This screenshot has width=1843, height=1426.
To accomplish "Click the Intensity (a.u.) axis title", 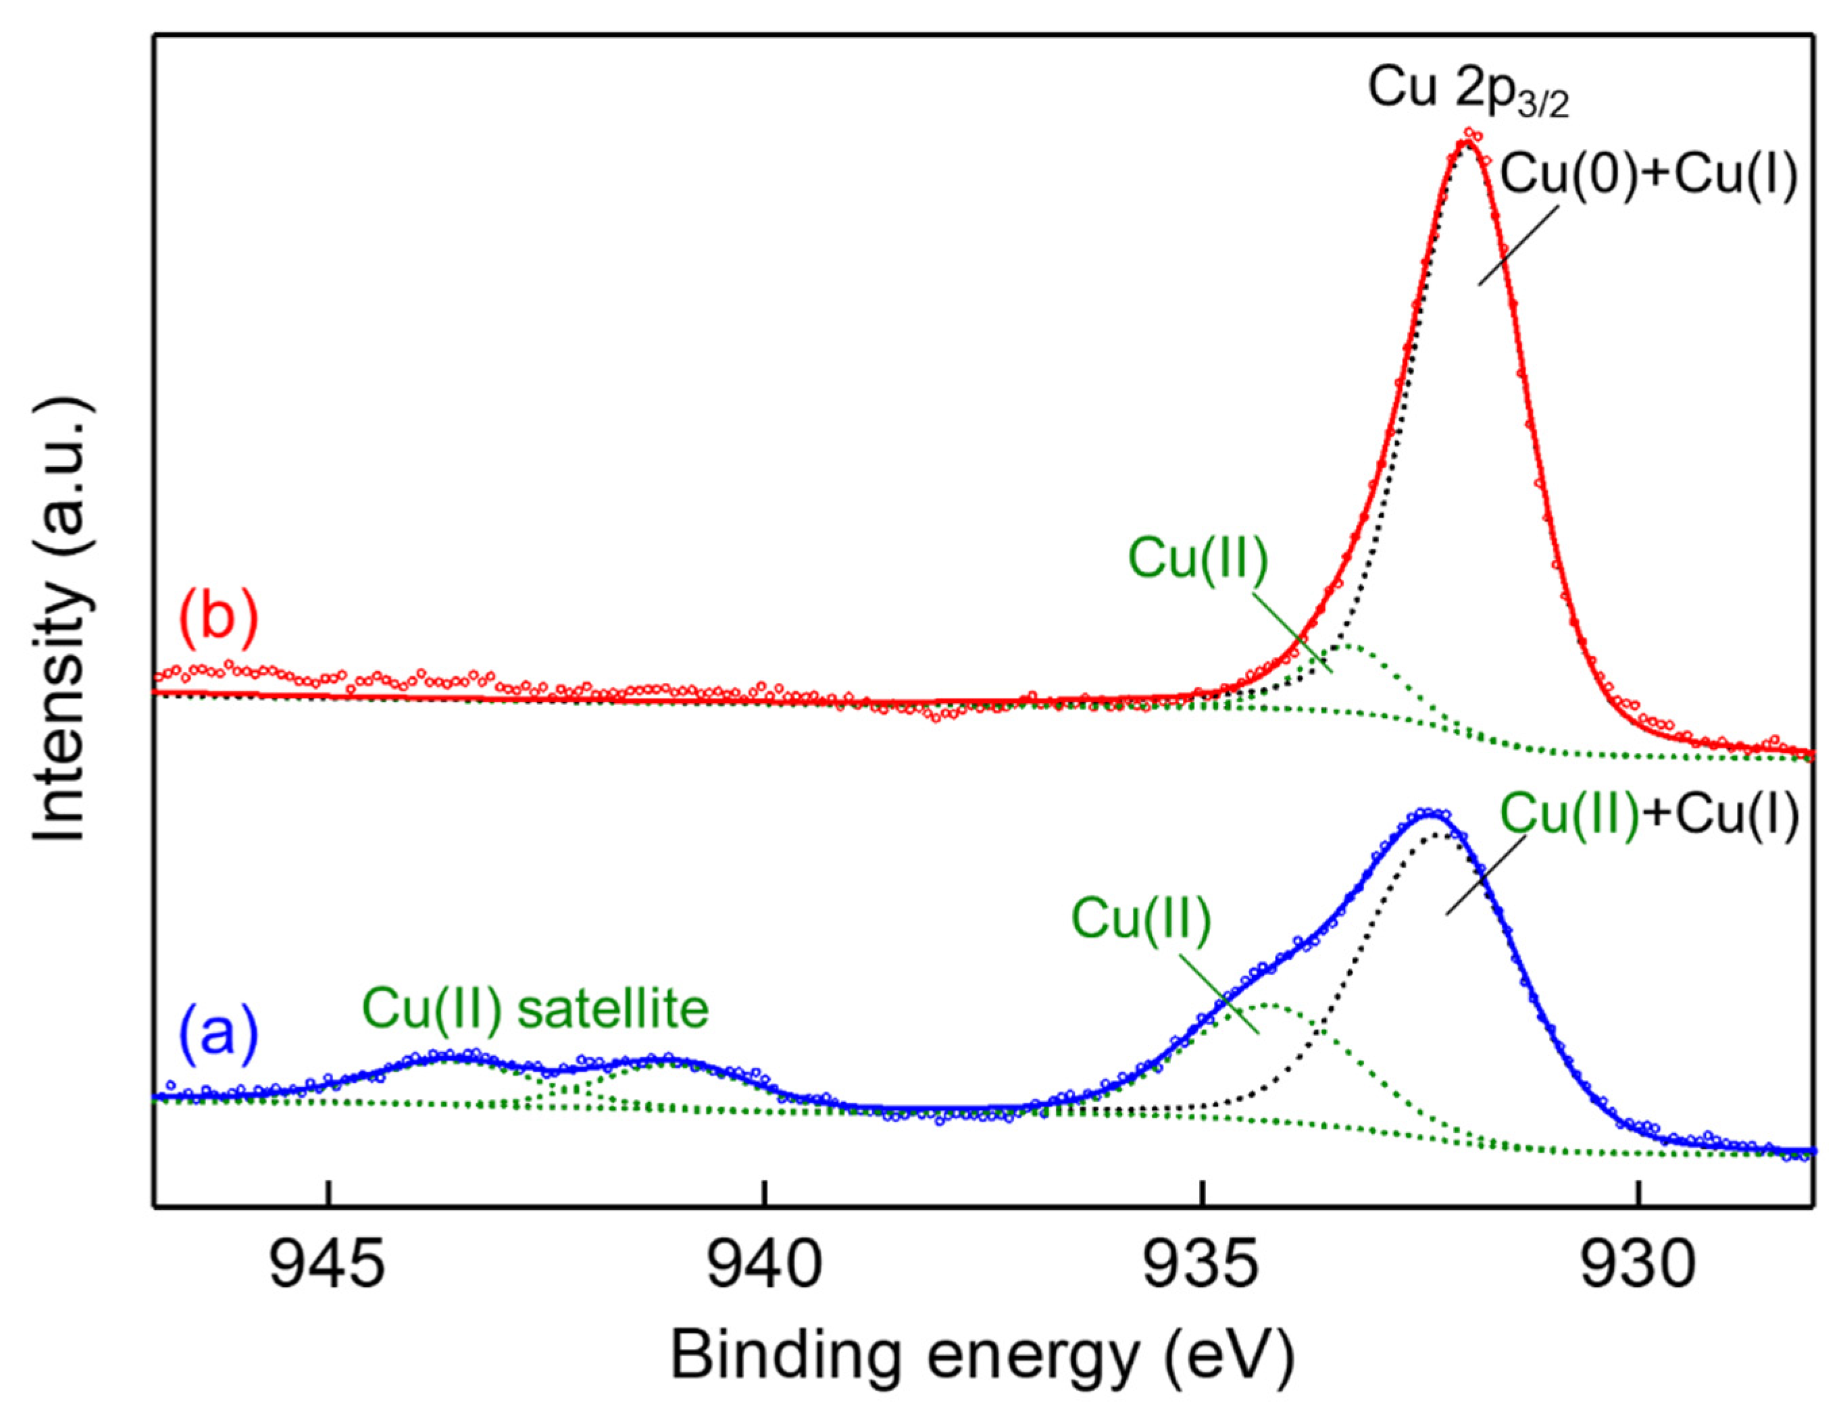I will click(61, 622).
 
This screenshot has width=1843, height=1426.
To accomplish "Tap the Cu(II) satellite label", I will click(536, 1009).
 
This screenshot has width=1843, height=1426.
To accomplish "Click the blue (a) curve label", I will click(218, 1033).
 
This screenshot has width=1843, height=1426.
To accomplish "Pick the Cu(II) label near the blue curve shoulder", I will click(1141, 918).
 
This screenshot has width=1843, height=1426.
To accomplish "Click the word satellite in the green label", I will click(613, 1009).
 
